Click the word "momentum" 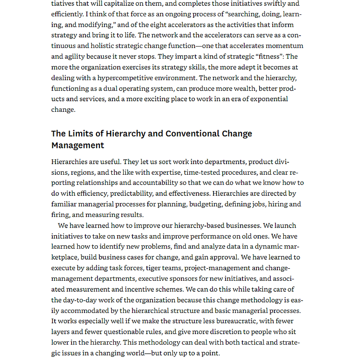click(287, 46)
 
